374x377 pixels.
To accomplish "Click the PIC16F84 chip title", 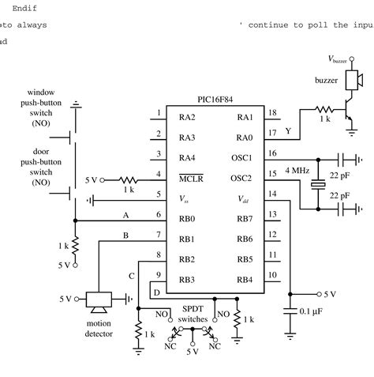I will pos(220,102).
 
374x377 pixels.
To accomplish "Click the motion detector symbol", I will pos(99,300).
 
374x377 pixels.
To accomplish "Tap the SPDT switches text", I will pos(193,314).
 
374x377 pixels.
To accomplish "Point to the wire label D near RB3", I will pos(156,292).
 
